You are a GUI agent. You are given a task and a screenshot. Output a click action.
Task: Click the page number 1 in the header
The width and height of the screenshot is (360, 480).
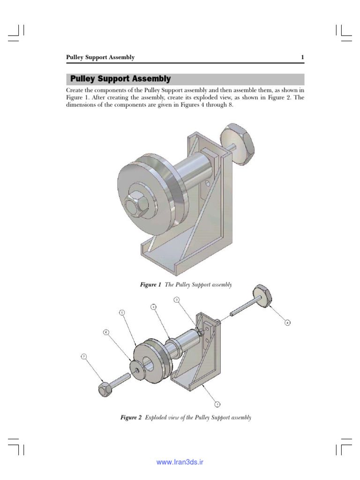(302, 58)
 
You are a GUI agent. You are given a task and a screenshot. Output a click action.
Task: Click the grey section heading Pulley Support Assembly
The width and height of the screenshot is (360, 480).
(120, 79)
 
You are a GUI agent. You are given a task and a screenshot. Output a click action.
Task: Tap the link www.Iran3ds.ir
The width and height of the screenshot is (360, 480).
(180, 462)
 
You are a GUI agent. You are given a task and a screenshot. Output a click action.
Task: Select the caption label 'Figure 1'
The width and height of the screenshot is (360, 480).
(150, 285)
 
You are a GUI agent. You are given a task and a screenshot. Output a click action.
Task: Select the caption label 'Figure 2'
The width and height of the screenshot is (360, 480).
(131, 417)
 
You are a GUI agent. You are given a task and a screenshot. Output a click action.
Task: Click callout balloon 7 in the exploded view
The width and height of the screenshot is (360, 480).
(84, 357)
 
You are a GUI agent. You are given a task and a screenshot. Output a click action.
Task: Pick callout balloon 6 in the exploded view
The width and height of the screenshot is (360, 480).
(106, 332)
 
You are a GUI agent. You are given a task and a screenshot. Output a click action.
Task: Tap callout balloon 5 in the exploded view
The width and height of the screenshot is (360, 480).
(121, 312)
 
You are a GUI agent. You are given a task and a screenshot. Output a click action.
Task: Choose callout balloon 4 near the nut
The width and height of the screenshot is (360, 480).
(287, 322)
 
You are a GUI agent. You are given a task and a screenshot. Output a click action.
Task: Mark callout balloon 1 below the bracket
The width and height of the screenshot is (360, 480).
(217, 403)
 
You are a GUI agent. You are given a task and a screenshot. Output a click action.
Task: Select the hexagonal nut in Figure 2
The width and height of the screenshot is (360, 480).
(263, 296)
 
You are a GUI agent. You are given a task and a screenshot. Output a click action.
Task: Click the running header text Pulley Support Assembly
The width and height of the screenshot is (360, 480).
(100, 58)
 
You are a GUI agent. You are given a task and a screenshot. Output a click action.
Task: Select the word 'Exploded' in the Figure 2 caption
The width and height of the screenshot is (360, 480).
(157, 417)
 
